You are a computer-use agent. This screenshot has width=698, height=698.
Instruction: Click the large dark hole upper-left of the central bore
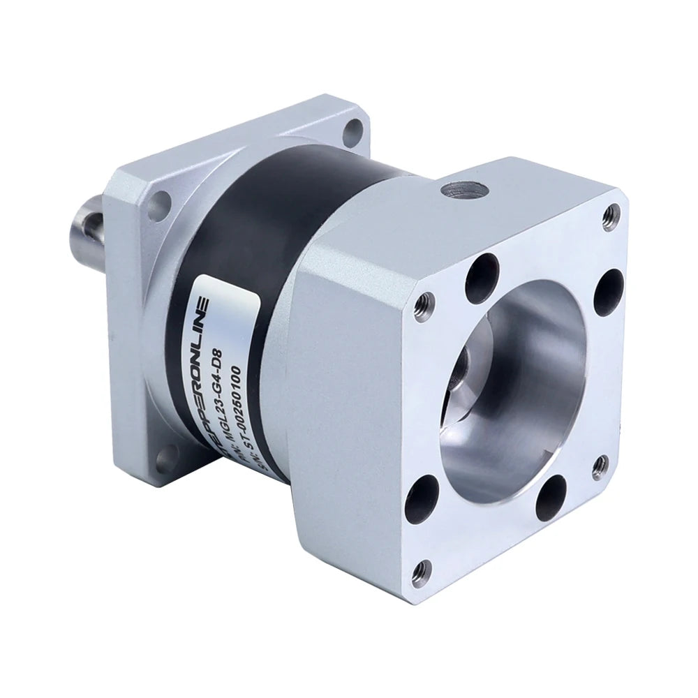[483, 274]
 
